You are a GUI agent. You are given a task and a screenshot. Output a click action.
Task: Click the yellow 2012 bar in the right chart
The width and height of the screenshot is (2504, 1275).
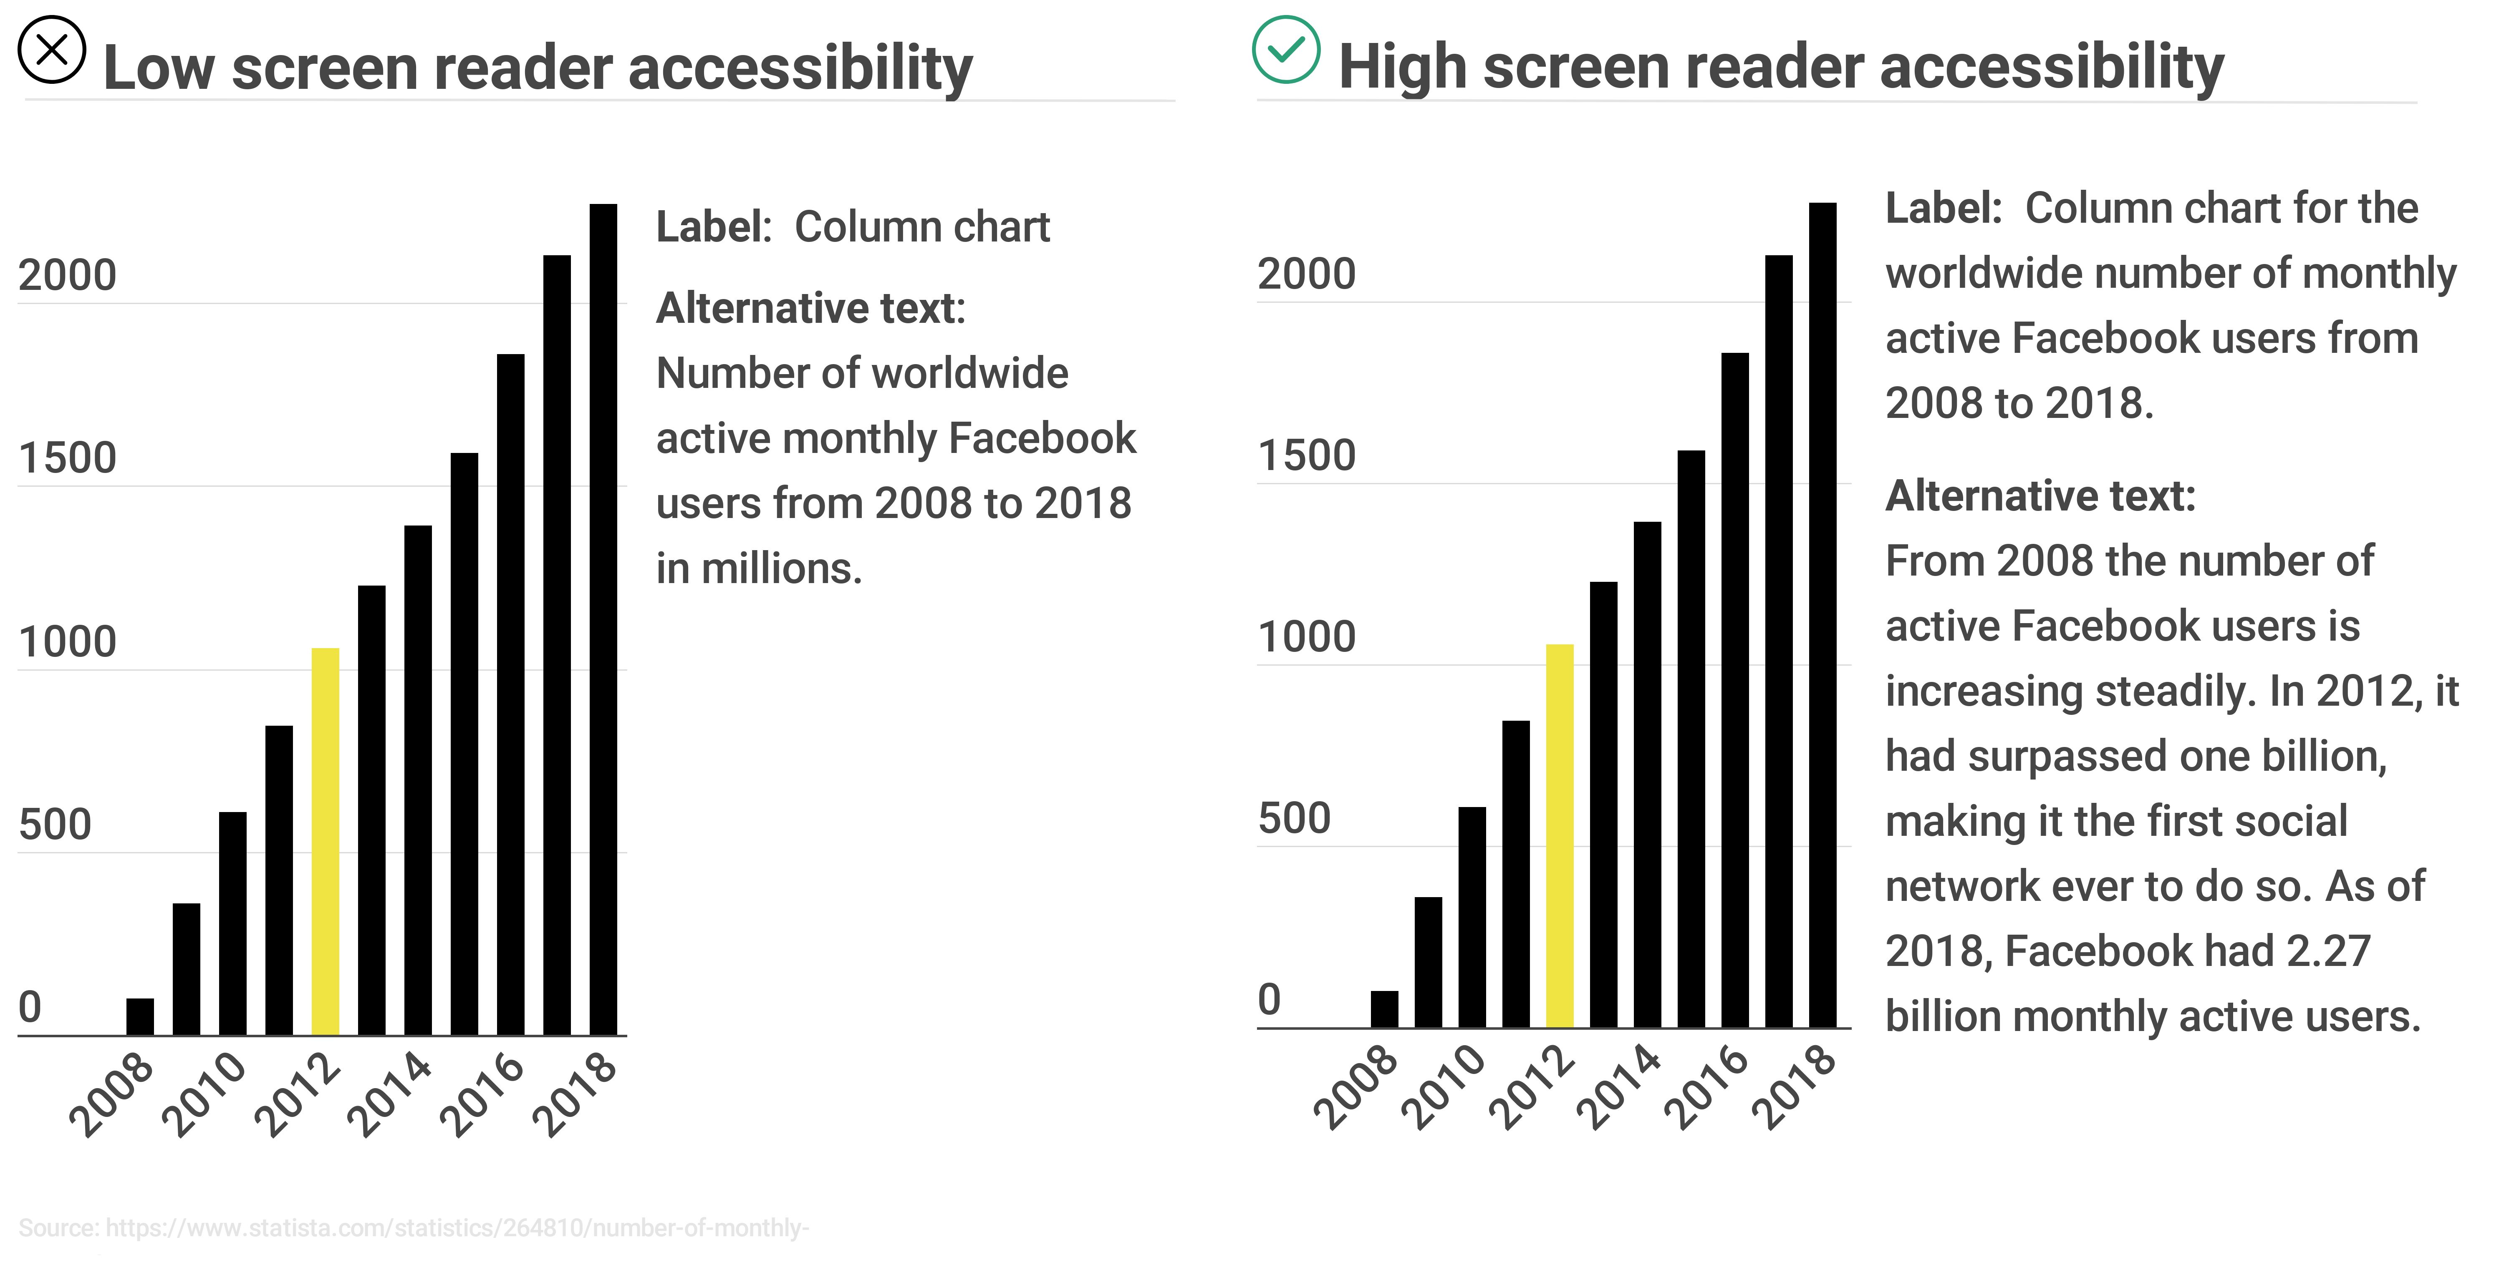tap(1559, 836)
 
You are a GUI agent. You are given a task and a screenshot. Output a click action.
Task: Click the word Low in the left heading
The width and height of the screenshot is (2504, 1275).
tap(159, 68)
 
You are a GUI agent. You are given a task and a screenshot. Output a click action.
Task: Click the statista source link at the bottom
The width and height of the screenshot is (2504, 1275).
tap(457, 1228)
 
